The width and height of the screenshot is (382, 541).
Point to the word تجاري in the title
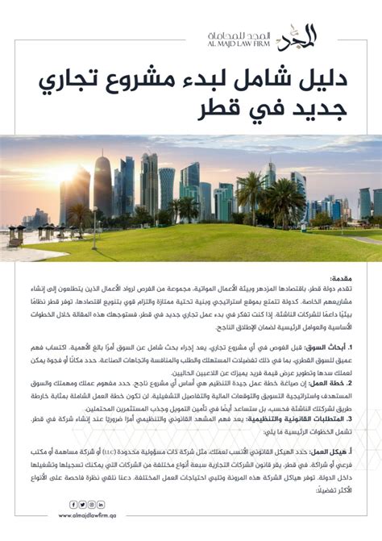[68, 80]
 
